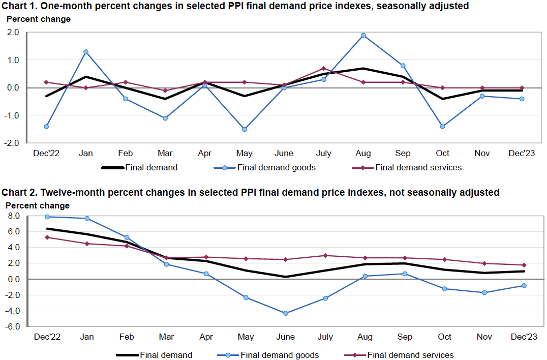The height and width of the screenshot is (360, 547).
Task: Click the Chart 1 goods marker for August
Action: pos(363,35)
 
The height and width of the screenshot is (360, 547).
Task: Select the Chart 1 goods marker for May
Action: pos(245,129)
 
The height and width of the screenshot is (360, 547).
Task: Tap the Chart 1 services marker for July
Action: pos(324,68)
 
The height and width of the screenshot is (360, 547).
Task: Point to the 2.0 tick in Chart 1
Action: pos(13,32)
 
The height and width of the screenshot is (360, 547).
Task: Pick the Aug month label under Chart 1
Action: pos(363,154)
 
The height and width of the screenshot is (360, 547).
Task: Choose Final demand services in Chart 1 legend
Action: pos(418,167)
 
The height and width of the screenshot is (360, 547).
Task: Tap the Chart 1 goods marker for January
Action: pos(86,52)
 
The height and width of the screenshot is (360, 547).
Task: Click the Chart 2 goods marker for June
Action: pos(286,313)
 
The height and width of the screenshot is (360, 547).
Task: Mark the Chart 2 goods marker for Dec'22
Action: pos(47,217)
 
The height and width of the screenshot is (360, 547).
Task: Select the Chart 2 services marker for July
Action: pos(325,256)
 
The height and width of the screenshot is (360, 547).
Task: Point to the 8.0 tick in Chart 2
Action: pos(14,216)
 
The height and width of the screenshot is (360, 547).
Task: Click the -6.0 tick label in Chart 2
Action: pos(13,327)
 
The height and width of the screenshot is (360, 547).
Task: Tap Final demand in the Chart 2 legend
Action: pos(166,355)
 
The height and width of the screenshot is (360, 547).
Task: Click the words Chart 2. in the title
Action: pos(19,192)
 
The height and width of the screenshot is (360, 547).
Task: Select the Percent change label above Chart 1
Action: pos(38,19)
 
